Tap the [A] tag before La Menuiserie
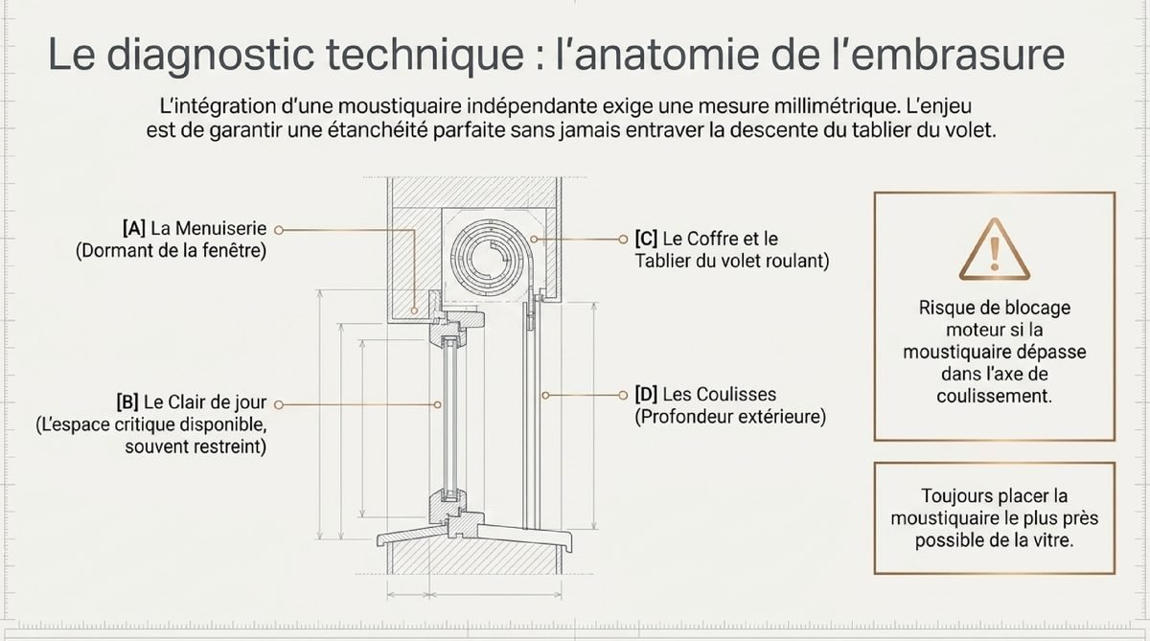pyautogui.click(x=134, y=228)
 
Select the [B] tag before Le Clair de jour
pyautogui.click(x=127, y=402)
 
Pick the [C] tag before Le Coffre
pyautogui.click(x=646, y=239)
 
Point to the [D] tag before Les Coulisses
pyautogui.click(x=646, y=394)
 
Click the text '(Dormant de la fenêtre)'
pyautogui.click(x=171, y=251)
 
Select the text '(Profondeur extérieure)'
pyautogui.click(x=730, y=417)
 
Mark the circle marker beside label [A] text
pyautogui.click(x=279, y=230)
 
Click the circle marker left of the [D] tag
pyautogui.click(x=623, y=395)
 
